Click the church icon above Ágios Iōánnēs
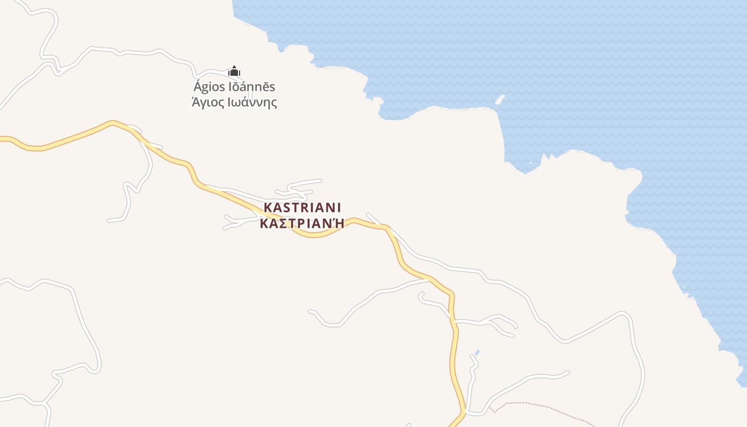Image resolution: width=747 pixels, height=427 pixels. pos(234,71)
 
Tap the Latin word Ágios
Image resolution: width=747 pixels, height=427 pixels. pos(208,87)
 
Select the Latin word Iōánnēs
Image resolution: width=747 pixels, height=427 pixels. pos(251,87)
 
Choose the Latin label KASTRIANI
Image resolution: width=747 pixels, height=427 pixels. pos(302,207)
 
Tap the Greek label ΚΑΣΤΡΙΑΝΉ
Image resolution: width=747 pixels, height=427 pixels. pos(302,223)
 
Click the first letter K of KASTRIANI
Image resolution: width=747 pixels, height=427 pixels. pos(268,207)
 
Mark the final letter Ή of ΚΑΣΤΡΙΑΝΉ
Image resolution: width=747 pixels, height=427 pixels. pos(338,223)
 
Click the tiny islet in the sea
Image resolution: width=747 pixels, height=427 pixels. pos(500,99)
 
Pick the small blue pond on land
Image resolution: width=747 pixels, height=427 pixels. pos(477,352)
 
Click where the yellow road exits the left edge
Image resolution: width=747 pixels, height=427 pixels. pos(2,139)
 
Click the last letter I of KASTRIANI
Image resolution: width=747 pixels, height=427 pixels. pos(338,207)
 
